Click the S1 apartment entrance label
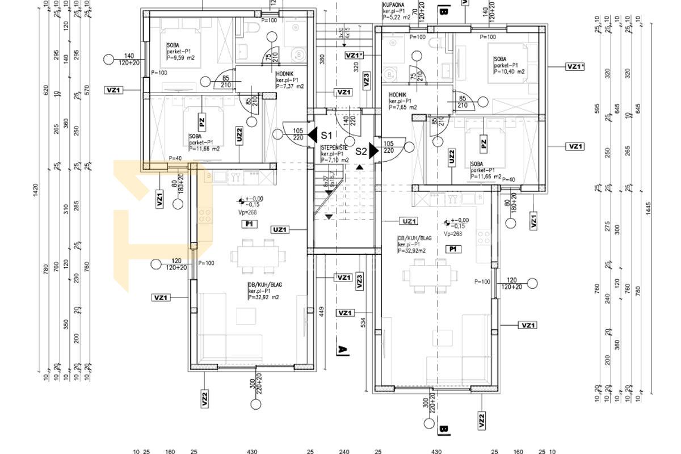click(326, 135)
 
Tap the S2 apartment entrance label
click(361, 152)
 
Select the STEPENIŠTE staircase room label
click(334, 147)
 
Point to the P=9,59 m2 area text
click(180, 58)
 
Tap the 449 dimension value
click(321, 310)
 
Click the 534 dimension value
click(364, 322)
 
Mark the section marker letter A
click(342, 350)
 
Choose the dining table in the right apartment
click(428, 275)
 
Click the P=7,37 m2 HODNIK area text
click(289, 87)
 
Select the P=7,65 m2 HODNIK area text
click(403, 107)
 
